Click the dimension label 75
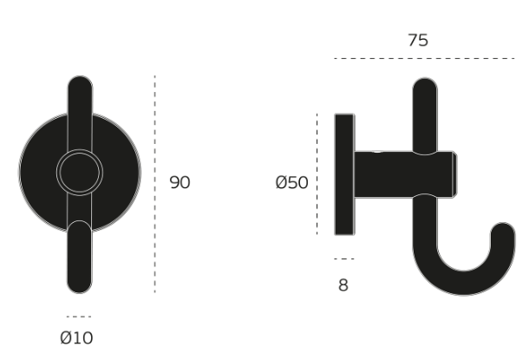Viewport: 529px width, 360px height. pos(418,41)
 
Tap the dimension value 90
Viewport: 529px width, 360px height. pos(180,182)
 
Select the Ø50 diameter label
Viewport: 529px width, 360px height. pos(292,182)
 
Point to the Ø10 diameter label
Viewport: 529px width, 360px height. pos(76,337)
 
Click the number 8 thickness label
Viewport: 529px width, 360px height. pos(343,285)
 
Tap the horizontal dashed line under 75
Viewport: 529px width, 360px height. pos(424,59)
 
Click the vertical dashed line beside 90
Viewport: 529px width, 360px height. pos(155,184)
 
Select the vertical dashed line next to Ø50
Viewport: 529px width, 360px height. pos(317,174)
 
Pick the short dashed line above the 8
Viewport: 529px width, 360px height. pos(344,259)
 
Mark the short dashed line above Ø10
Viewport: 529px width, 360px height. pos(79,317)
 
